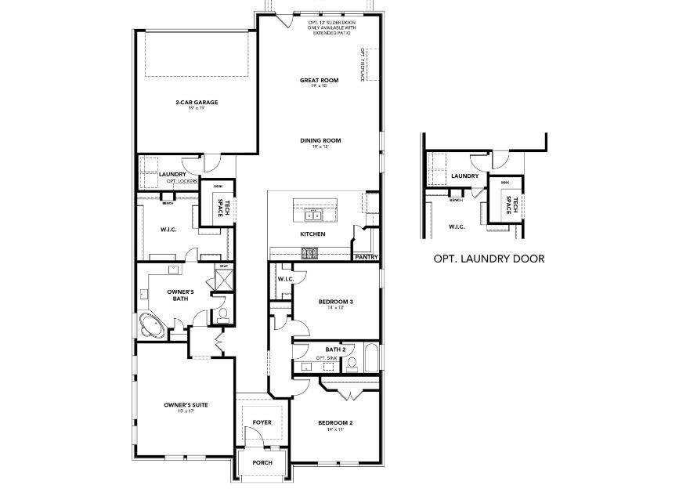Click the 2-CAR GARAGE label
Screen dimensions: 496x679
click(196, 102)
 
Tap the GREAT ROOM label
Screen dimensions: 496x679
click(319, 80)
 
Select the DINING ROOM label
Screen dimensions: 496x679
click(320, 140)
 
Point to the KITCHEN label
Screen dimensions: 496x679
click(312, 234)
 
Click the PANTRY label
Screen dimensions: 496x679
click(366, 256)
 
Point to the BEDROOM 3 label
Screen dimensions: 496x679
click(335, 302)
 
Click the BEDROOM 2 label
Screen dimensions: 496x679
click(334, 423)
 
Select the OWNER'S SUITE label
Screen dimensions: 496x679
click(186, 405)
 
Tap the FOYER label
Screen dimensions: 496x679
click(262, 422)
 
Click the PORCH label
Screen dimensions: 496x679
click(262, 463)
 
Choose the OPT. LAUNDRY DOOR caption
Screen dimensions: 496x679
click(488, 258)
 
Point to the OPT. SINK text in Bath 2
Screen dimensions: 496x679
click(326, 358)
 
